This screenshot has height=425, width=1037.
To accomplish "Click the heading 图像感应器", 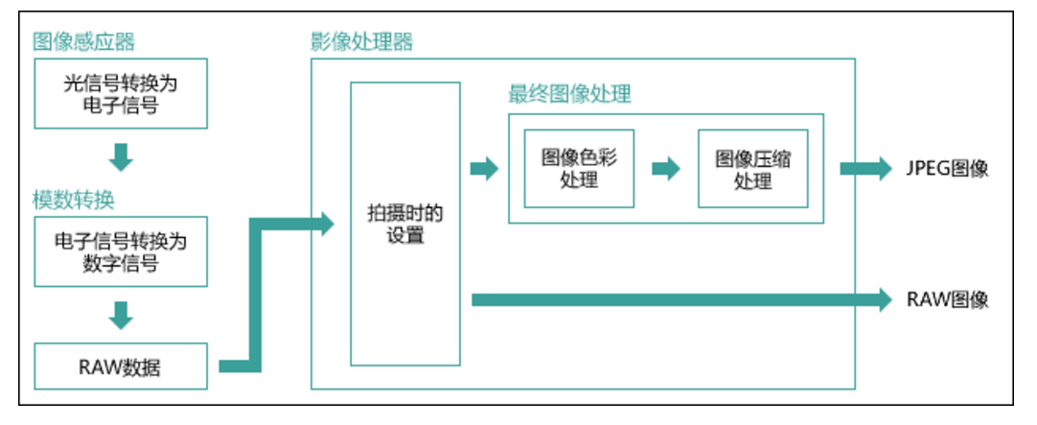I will [83, 41].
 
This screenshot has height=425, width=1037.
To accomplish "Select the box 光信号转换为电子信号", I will [121, 94].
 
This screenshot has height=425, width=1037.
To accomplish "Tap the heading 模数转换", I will [74, 201].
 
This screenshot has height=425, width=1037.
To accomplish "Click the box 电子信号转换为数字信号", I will [121, 251].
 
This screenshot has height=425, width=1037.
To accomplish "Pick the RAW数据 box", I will [121, 366].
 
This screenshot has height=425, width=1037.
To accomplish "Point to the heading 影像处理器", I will [361, 42].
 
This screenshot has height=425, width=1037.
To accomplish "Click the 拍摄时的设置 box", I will [405, 224].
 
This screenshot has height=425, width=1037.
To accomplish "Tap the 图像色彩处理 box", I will [579, 169].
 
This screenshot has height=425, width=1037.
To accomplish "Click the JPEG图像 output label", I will [947, 170].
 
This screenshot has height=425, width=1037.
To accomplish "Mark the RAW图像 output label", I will [947, 300].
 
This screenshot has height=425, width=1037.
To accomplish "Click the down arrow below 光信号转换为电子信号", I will [121, 155].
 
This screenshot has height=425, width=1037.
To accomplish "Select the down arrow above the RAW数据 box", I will [121, 313].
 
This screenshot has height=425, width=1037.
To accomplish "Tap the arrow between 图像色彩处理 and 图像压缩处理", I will [666, 169].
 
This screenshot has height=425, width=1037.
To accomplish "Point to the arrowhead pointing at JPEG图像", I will [883, 170].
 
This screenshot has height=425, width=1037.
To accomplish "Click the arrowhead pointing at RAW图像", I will [883, 300].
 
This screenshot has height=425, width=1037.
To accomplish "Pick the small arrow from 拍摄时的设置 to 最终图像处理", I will [485, 169].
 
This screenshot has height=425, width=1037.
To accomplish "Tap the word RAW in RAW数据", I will [102, 366].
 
